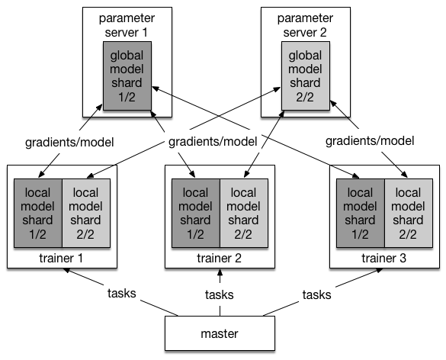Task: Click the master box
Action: (x=220, y=333)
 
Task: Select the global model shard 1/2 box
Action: (x=127, y=76)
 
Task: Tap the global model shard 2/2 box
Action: (x=306, y=76)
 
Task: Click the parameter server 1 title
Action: (x=127, y=25)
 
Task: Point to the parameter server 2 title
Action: (x=305, y=25)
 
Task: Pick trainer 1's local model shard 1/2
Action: (x=38, y=213)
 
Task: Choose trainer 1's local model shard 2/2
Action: (x=86, y=213)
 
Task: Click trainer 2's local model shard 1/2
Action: (x=196, y=213)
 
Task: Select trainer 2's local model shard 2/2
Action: (x=244, y=213)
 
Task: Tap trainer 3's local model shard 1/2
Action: (x=361, y=213)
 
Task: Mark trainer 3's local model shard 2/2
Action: (x=409, y=213)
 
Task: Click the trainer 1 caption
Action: (x=61, y=258)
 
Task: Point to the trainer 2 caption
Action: (x=219, y=258)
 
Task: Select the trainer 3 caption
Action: (x=383, y=258)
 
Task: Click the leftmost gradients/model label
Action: (x=69, y=143)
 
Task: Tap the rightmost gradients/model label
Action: (x=370, y=141)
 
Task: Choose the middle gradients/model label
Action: (x=213, y=141)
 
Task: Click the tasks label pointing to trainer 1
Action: (x=122, y=293)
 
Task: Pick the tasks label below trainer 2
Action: (x=220, y=294)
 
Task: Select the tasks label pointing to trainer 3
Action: (x=317, y=294)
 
